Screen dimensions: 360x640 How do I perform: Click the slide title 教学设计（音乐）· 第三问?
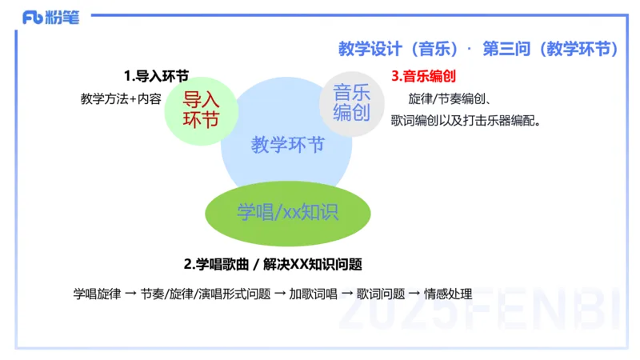pyautogui.click(x=478, y=49)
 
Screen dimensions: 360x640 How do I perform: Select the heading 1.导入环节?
pyautogui.click(x=156, y=77)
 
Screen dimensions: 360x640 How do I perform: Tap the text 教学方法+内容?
pyautogui.click(x=121, y=99)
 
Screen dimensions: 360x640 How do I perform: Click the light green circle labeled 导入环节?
pyautogui.click(x=201, y=110)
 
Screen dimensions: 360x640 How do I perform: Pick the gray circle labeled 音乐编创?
pyautogui.click(x=352, y=102)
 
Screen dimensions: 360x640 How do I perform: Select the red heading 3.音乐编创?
pyautogui.click(x=423, y=77)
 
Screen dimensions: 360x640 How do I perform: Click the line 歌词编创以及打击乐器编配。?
pyautogui.click(x=466, y=122)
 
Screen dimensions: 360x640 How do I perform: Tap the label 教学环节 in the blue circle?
pyautogui.click(x=287, y=145)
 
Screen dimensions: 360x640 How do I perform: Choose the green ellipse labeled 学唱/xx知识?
pyautogui.click(x=288, y=211)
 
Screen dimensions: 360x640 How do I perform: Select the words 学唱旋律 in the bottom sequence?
pyautogui.click(x=97, y=294)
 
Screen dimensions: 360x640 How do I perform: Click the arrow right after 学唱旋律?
pyautogui.click(x=130, y=294)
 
